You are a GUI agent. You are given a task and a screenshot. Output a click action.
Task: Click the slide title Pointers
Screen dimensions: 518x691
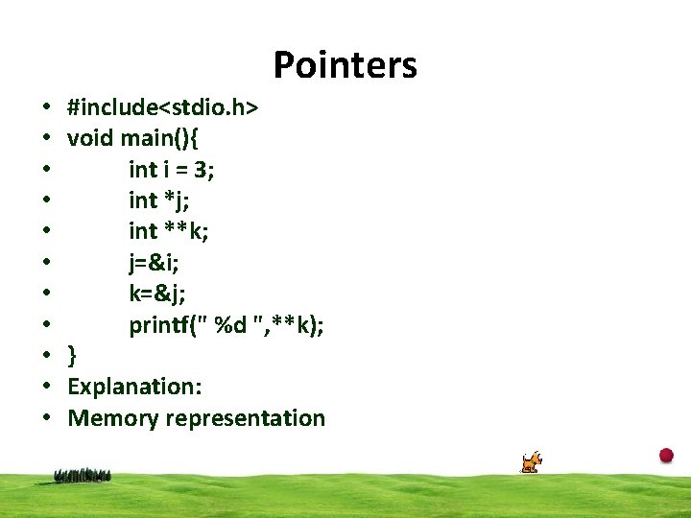(345, 65)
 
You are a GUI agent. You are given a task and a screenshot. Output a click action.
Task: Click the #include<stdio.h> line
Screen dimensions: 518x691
(162, 108)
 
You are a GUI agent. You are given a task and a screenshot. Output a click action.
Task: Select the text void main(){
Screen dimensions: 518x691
(133, 139)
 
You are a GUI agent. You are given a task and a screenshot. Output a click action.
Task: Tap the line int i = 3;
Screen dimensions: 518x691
(172, 170)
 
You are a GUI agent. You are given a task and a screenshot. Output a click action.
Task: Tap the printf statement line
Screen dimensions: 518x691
(226, 325)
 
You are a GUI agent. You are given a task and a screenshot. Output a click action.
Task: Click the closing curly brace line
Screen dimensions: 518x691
(73, 356)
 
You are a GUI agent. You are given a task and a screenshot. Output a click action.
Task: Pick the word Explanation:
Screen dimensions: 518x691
(134, 387)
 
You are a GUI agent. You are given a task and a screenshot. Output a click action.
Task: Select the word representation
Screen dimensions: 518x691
(246, 418)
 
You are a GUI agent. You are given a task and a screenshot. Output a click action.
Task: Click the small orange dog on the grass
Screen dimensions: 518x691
(531, 462)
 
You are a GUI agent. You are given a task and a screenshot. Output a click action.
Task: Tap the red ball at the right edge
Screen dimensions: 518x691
(666, 455)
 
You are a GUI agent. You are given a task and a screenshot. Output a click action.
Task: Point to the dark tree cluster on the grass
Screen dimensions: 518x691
(83, 474)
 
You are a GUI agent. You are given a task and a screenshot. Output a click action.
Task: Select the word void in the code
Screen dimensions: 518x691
(91, 139)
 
